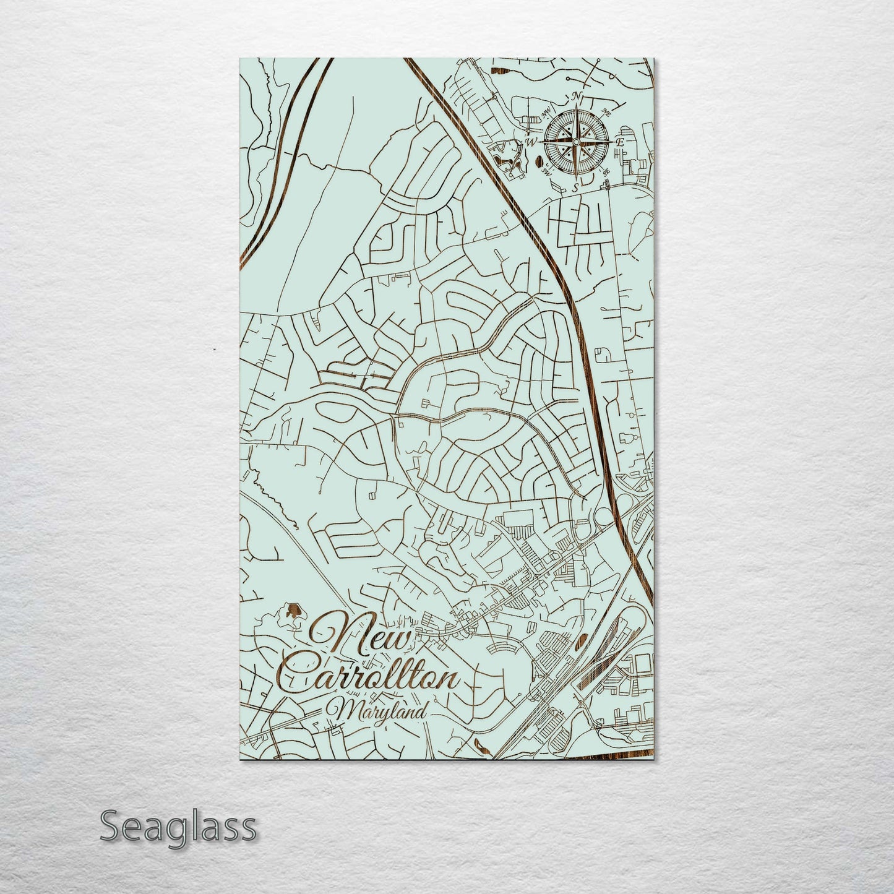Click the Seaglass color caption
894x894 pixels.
(178, 826)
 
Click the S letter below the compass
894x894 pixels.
(575, 186)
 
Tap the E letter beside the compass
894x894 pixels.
(621, 142)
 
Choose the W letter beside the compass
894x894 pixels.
(530, 142)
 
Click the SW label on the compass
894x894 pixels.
(546, 171)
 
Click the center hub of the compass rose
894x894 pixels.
(575, 142)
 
